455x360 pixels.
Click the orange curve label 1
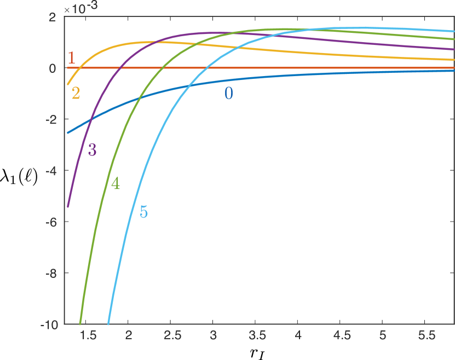[x=71, y=58]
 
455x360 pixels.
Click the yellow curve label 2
[x=76, y=94]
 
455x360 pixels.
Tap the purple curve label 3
[x=92, y=150]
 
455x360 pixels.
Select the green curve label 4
[x=116, y=184]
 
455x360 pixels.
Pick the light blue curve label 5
[x=143, y=212]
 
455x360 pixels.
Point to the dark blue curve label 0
[x=229, y=94]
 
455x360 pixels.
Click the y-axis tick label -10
[x=49, y=324]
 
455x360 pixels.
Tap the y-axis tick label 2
[x=53, y=17]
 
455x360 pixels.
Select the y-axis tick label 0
[x=53, y=68]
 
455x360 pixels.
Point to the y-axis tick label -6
[x=51, y=222]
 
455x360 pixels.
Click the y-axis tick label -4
[x=51, y=171]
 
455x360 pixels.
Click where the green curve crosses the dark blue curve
[x=140, y=97]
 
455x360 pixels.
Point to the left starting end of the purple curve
[x=67, y=207]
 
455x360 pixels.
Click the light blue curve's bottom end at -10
[x=108, y=324]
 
